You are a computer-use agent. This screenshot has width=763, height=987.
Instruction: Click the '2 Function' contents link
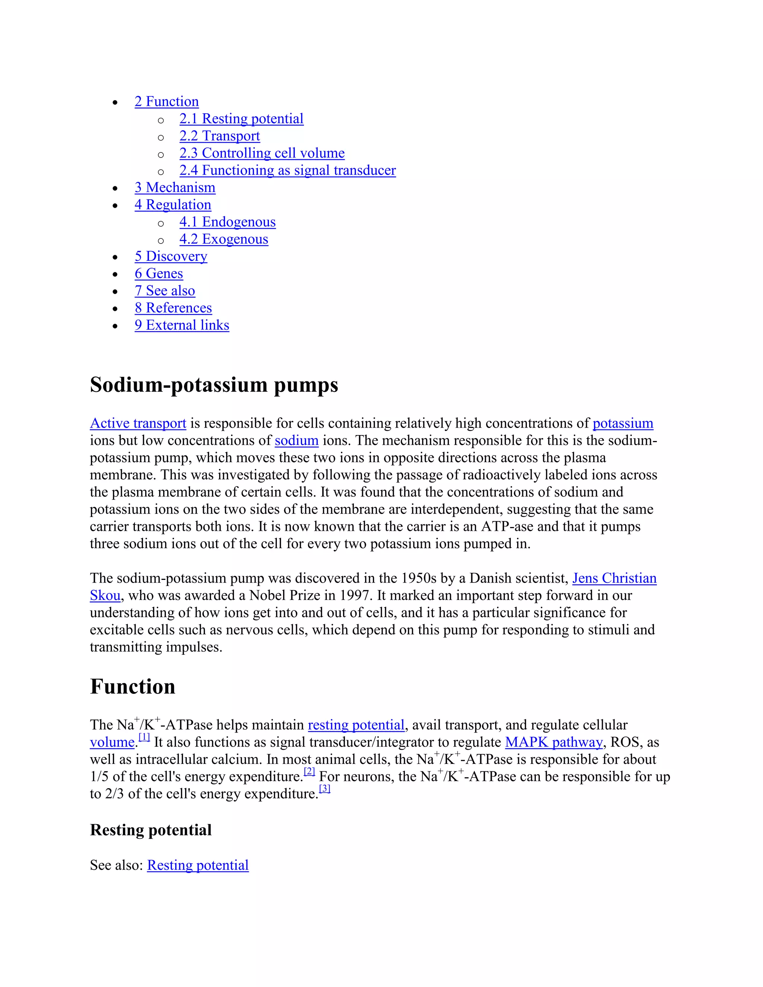166,101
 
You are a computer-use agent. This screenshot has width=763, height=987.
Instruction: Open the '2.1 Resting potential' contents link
241,118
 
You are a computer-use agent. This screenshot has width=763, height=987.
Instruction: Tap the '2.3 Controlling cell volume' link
262,153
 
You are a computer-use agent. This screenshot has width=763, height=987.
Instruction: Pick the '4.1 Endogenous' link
227,222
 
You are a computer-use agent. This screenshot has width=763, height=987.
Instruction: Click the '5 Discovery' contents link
171,256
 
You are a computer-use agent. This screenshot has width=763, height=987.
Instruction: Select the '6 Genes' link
159,273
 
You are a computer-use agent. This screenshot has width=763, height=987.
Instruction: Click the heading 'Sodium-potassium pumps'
214,385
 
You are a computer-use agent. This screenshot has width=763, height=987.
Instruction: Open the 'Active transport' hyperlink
138,423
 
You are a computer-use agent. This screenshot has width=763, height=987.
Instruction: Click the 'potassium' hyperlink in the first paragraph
623,423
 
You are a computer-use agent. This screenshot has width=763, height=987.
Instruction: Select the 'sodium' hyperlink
297,440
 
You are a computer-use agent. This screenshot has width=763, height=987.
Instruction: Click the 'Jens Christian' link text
614,578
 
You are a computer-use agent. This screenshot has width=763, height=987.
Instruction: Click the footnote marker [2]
309,772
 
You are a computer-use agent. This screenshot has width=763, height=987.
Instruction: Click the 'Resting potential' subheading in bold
151,830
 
